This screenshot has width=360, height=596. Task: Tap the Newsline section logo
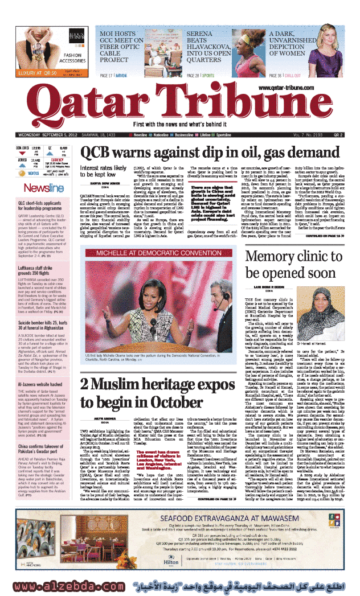coord(35,188)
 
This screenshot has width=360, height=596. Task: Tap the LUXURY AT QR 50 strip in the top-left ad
coord(38,73)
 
